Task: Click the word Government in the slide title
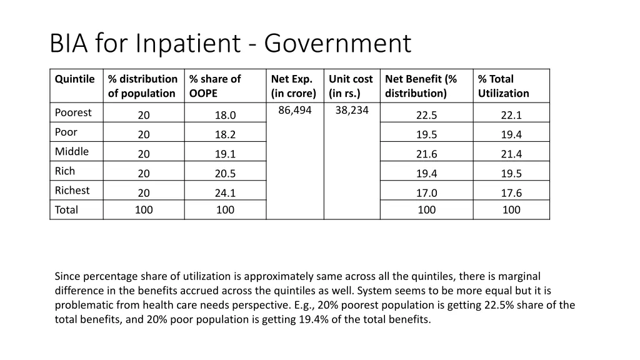tap(337, 44)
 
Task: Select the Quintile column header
tap(74, 79)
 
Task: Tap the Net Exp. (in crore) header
tap(293, 86)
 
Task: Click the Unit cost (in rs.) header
tap(350, 86)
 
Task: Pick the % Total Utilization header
tap(503, 86)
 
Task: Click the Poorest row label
tap(73, 112)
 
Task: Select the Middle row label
tap(72, 151)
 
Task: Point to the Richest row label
tap(72, 190)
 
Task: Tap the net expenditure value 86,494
tap(295, 110)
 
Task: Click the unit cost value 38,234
tap(352, 110)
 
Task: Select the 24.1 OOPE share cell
tap(225, 193)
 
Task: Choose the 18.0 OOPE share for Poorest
tap(225, 115)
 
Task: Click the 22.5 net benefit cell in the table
tap(426, 115)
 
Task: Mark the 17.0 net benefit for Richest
tap(426, 193)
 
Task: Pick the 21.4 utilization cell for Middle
tap(511, 154)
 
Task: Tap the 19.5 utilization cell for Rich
tap(511, 174)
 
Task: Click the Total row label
tap(66, 210)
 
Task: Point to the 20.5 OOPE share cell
tap(225, 174)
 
